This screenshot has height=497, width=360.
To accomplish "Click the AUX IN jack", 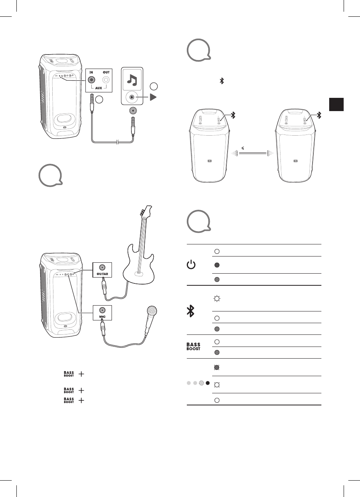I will [x=91, y=80].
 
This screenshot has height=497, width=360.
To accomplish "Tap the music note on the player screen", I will [x=133, y=81].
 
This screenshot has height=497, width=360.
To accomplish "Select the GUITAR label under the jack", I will [x=102, y=274].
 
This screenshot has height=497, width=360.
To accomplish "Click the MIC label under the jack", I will [x=102, y=317].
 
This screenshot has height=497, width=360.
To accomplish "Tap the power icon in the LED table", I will [x=191, y=265].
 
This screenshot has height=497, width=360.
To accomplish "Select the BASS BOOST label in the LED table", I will [x=194, y=347].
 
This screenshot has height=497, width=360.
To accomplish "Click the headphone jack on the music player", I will [x=133, y=111].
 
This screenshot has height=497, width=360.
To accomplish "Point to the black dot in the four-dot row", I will [x=208, y=383].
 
